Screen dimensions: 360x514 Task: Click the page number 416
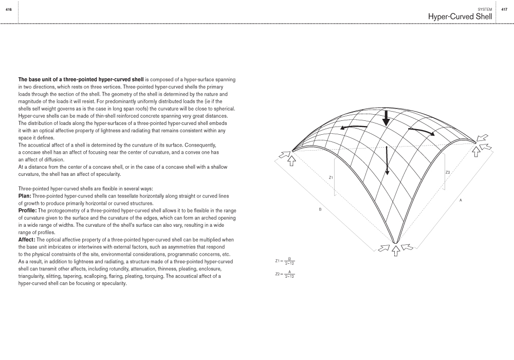pyautogui.click(x=8, y=9)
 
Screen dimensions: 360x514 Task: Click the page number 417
pyautogui.click(x=504, y=9)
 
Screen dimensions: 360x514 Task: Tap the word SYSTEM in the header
pyautogui.click(x=485, y=9)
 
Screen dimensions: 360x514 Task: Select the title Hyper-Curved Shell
pyautogui.click(x=460, y=17)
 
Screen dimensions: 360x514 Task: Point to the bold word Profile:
pyautogui.click(x=28, y=211)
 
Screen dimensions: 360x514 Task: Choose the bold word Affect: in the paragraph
pyautogui.click(x=27, y=240)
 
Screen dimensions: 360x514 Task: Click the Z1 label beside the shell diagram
pyautogui.click(x=331, y=177)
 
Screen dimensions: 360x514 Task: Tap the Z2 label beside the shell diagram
pyautogui.click(x=448, y=172)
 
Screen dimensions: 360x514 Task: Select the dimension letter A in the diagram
pyautogui.click(x=461, y=200)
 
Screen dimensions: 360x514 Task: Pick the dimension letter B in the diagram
pyautogui.click(x=320, y=209)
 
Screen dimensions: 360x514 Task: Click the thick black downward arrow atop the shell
pyautogui.click(x=385, y=117)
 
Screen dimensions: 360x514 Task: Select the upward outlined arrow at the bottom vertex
pyautogui.click(x=395, y=250)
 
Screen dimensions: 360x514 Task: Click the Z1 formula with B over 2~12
pyautogui.click(x=285, y=261)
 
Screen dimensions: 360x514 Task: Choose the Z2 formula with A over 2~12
pyautogui.click(x=285, y=274)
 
